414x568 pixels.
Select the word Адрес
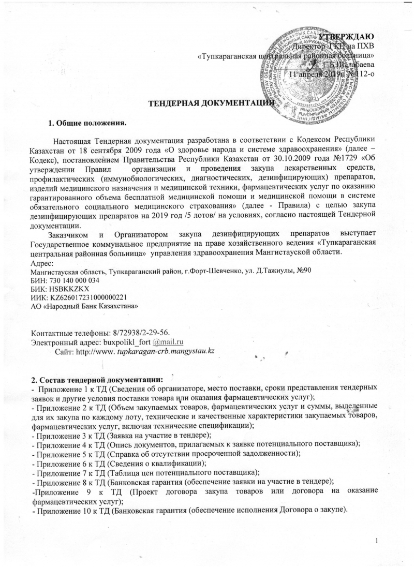[x=41, y=262]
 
